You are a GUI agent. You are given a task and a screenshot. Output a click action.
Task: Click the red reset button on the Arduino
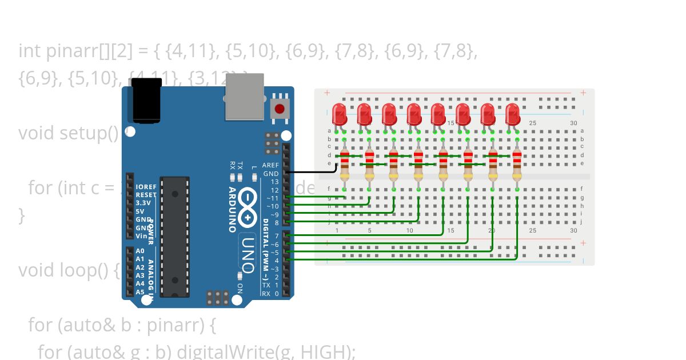[x=280, y=109]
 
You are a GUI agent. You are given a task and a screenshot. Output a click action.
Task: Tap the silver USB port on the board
[x=244, y=97]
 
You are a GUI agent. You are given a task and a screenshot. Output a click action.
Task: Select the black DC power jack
[x=147, y=101]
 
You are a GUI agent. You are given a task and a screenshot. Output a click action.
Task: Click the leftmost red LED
[x=340, y=114]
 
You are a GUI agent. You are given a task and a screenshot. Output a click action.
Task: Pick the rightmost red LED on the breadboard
[x=512, y=114]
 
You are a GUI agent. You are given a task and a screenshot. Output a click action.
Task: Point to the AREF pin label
[x=270, y=165]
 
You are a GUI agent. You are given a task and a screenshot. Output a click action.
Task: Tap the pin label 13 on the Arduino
[x=275, y=182]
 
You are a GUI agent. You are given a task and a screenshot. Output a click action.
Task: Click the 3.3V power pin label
[x=143, y=203]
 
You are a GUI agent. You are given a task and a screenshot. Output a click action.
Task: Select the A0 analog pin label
[x=140, y=251]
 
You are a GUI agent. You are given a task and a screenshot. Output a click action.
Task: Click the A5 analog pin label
[x=140, y=292]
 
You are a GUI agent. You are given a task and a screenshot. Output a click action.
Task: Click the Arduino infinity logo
[x=248, y=206]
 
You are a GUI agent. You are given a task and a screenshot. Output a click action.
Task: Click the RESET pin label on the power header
[x=146, y=195]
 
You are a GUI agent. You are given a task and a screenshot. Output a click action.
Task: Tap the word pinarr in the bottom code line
[x=174, y=326]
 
